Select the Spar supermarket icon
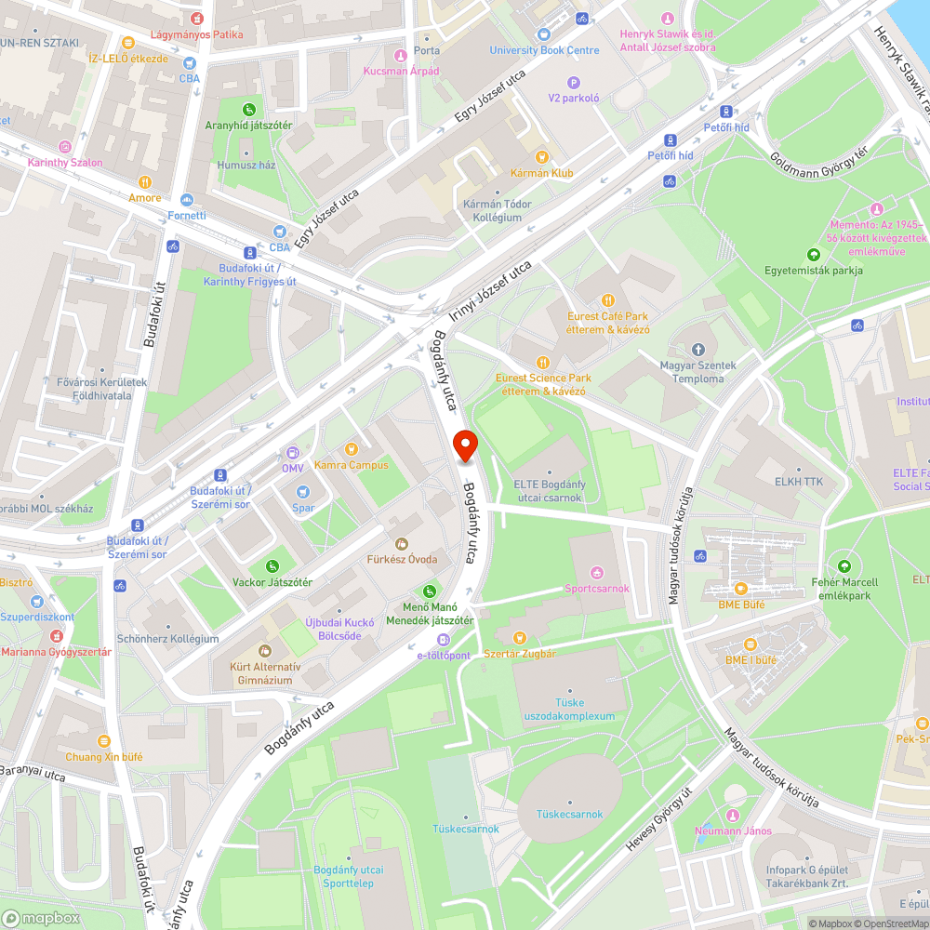point(302,492)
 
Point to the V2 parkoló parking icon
point(574,82)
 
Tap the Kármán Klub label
point(541,173)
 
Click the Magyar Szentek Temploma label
point(697,372)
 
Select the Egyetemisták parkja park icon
point(814,255)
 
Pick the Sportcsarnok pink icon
point(597,573)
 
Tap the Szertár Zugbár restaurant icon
point(519,638)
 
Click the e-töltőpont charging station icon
point(444,640)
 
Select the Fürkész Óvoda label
point(401,559)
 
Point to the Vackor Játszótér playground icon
point(272,566)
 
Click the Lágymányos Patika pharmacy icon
point(196,19)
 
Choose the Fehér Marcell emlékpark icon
point(844,565)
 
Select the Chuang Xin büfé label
point(104,757)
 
